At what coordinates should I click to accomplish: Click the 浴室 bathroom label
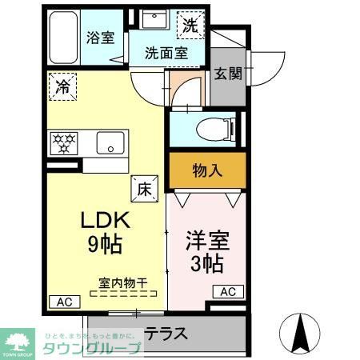(100, 37)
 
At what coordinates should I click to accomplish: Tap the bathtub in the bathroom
(62, 38)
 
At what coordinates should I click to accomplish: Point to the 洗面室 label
(166, 54)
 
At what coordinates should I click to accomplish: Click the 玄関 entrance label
(227, 74)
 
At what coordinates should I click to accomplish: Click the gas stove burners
(63, 143)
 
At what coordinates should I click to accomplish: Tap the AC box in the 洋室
(226, 290)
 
